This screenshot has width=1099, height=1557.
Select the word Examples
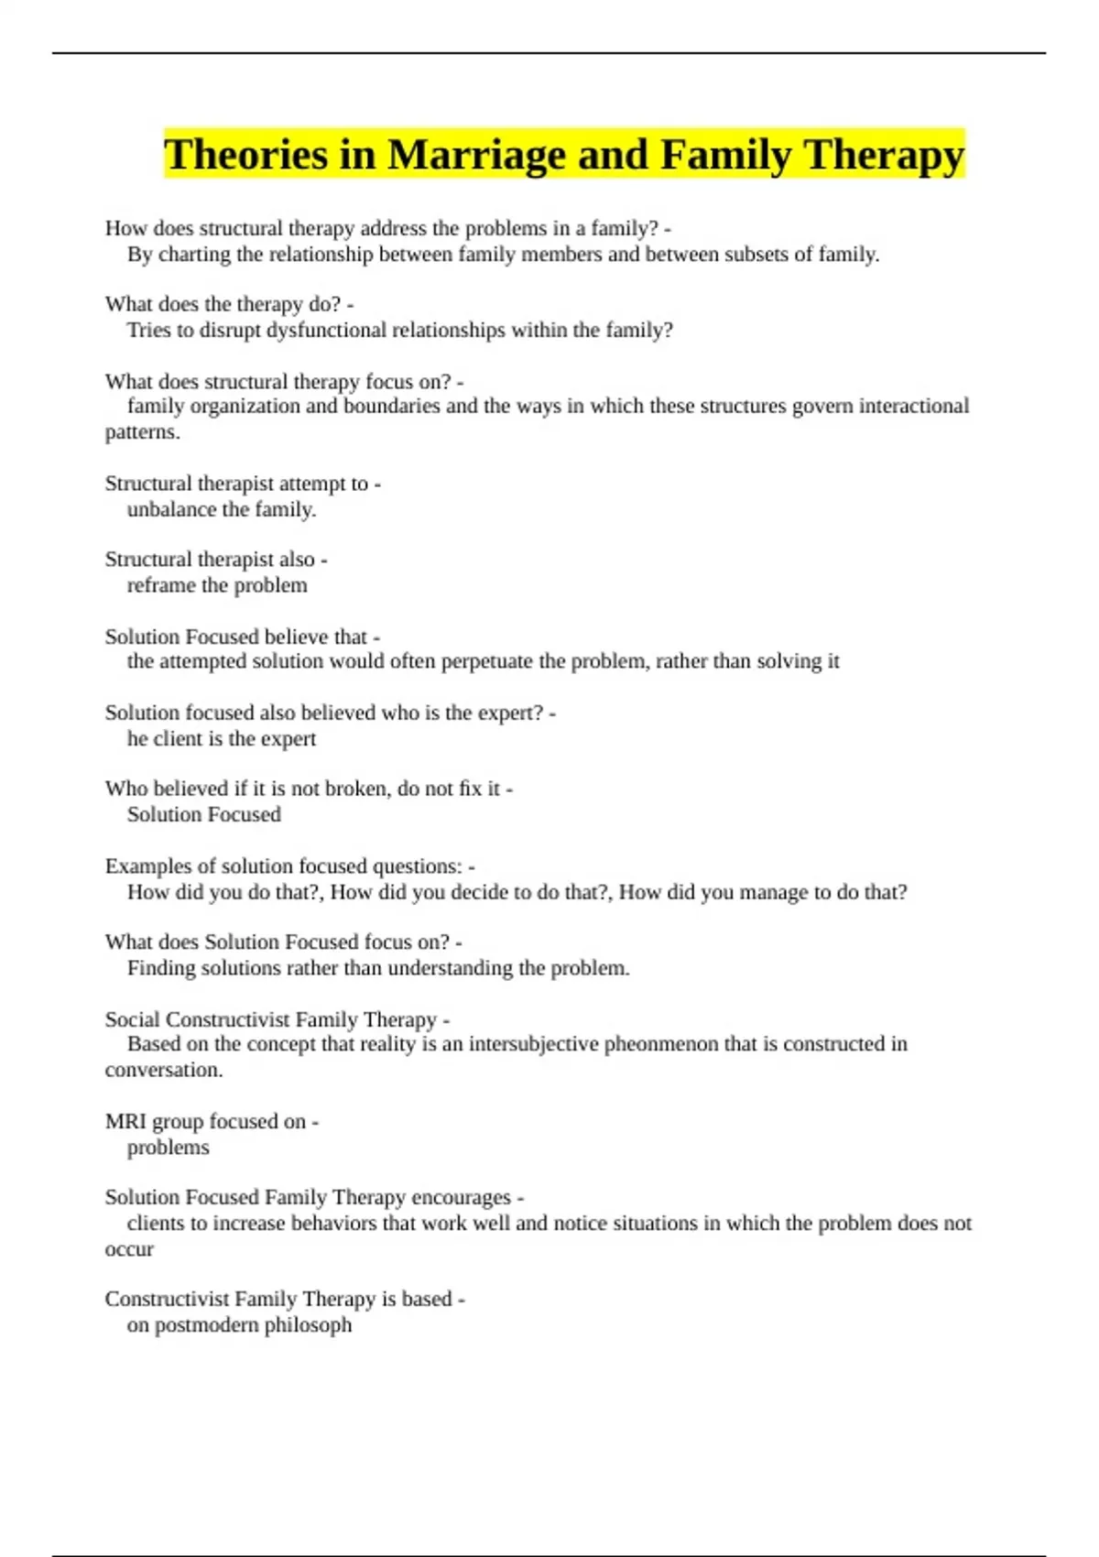pos(144,866)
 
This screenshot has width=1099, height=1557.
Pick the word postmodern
pos(206,1325)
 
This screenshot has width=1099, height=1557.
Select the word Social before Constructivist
pos(132,1019)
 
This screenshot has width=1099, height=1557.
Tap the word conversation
pos(163,1070)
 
